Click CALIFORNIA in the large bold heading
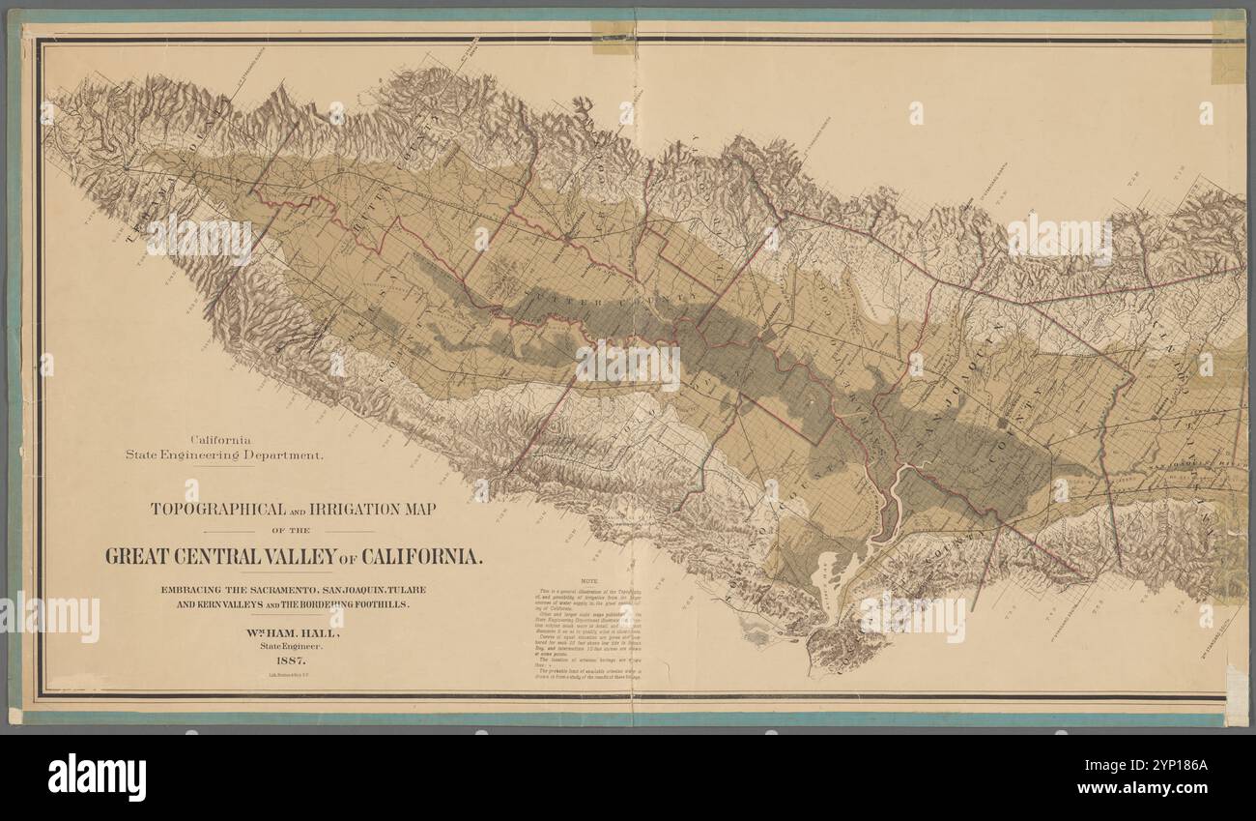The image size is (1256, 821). (421, 557)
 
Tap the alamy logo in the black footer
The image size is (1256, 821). (97, 777)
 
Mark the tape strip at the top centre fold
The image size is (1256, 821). (613, 37)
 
